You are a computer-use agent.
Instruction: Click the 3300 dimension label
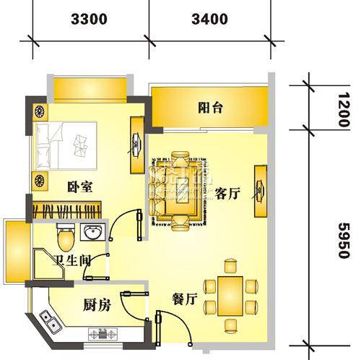(89, 20)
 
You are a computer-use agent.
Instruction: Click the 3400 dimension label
(209, 20)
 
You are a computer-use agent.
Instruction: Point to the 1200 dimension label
(344, 110)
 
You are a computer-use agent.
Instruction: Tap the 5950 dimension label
(344, 240)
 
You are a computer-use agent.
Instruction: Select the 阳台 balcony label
(210, 108)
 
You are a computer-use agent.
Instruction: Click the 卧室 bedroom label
(79, 187)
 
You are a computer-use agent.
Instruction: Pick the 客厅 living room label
(227, 194)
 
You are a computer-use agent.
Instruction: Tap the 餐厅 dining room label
(185, 299)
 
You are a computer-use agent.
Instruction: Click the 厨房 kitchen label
(97, 305)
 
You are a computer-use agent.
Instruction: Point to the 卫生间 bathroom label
(71, 260)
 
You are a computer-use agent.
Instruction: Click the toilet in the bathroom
(66, 237)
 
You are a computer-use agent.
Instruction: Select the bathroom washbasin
(92, 232)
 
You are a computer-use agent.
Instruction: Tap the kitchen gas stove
(103, 334)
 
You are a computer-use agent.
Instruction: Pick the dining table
(230, 296)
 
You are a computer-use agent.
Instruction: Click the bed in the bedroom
(66, 145)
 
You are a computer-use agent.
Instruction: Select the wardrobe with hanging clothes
(66, 210)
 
